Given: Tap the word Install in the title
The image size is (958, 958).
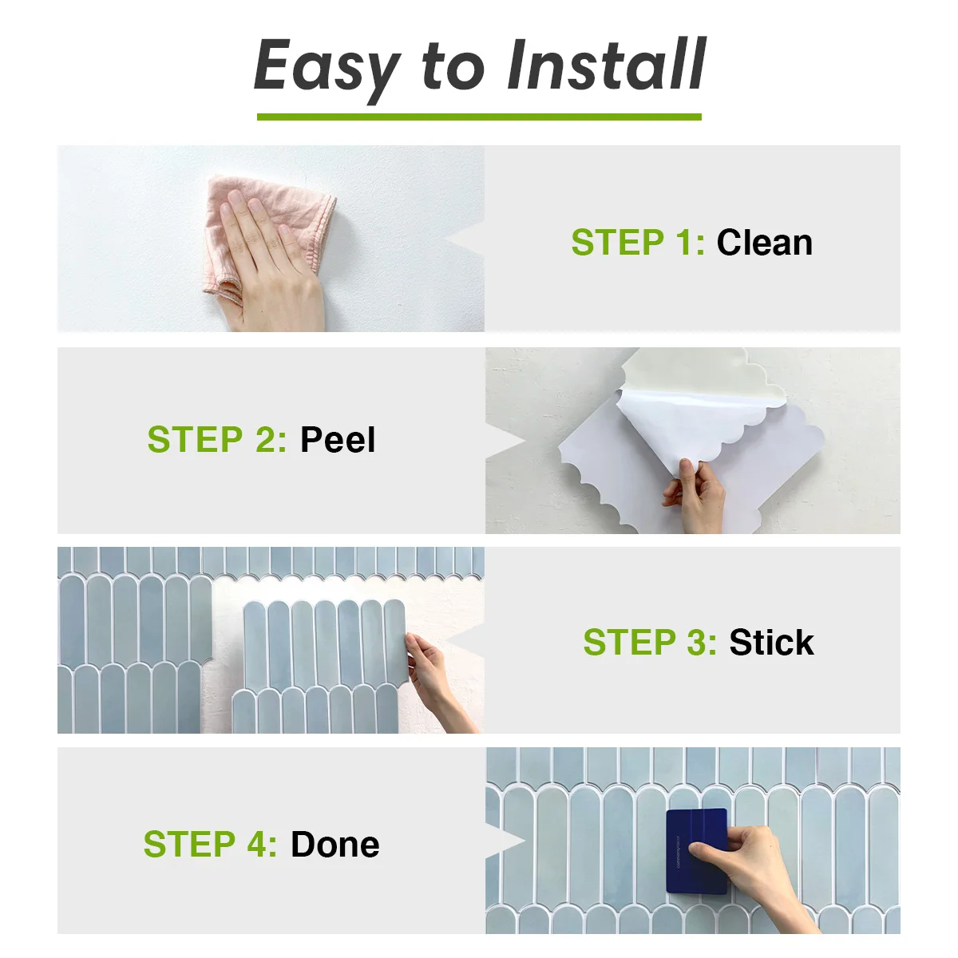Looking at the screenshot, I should (606, 65).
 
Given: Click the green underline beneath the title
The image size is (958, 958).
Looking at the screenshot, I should (479, 117).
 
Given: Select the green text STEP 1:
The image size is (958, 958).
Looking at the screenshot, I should (638, 243).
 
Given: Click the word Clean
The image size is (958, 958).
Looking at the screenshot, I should (764, 243).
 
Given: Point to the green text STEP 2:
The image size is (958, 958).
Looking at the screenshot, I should (217, 440).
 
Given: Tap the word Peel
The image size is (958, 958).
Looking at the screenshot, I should (337, 440).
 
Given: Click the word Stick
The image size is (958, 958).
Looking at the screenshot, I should (771, 643).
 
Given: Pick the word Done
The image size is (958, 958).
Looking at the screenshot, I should (335, 845).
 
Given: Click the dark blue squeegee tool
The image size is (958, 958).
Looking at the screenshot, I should (696, 851).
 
